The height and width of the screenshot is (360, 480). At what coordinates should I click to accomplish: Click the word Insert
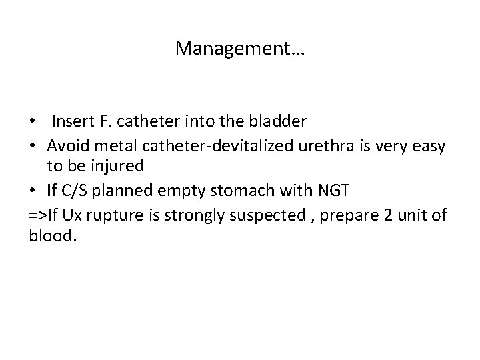(x=71, y=121)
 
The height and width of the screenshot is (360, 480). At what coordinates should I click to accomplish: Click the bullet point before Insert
(x=34, y=122)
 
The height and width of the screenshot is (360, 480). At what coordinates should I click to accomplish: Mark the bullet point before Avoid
(x=34, y=146)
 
